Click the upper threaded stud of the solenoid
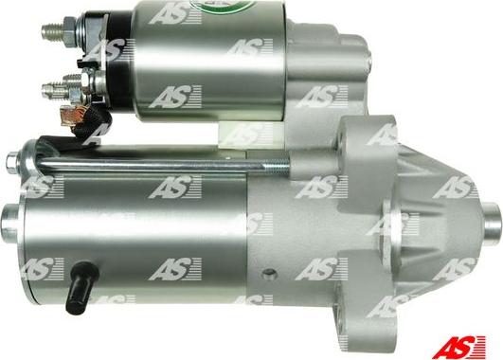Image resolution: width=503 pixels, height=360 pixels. click(53, 31)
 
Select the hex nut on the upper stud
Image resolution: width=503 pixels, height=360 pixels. click(69, 32)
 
